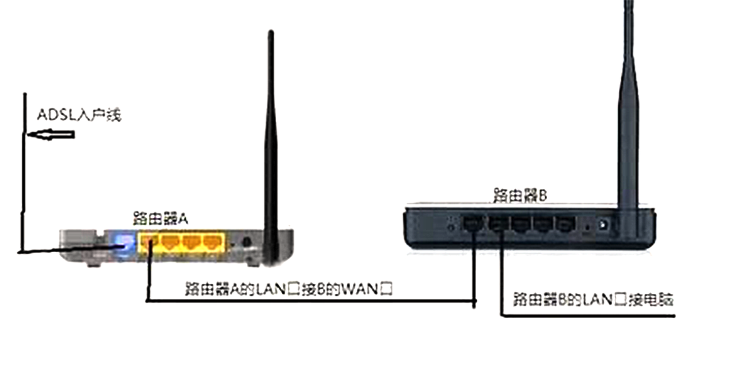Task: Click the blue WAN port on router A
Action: pyautogui.click(x=125, y=243)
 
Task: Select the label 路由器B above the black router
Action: pyautogui.click(x=519, y=195)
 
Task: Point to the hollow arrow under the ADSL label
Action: pyautogui.click(x=51, y=135)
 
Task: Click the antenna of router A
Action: pyautogui.click(x=270, y=132)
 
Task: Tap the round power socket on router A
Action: pyautogui.click(x=247, y=243)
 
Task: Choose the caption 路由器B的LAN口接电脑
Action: pyautogui.click(x=593, y=299)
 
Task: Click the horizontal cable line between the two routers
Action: pyautogui.click(x=310, y=301)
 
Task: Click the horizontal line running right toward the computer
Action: pyautogui.click(x=589, y=316)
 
